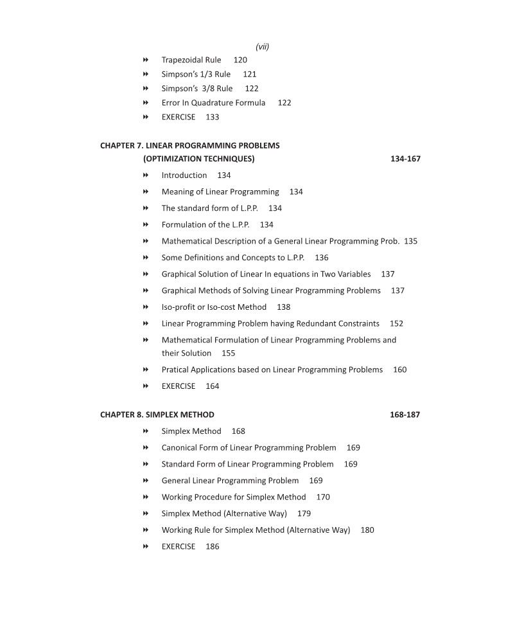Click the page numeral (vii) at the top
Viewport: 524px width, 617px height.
(x=262, y=46)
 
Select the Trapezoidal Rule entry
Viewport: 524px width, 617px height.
(x=191, y=60)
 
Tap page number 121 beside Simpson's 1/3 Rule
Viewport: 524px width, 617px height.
(x=249, y=74)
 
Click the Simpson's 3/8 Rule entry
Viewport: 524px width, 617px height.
(x=197, y=88)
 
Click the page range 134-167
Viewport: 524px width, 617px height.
(x=405, y=159)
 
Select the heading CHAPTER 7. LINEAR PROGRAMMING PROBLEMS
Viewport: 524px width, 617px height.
(x=189, y=145)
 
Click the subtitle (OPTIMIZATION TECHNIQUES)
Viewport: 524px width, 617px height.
(x=199, y=159)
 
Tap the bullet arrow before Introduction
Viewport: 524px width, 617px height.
(x=146, y=175)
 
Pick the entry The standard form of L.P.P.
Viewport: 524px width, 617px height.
(x=209, y=208)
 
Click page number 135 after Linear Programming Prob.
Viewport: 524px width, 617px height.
(x=410, y=241)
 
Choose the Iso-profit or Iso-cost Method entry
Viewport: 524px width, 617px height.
(x=214, y=307)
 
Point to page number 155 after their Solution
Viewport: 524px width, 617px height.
(x=228, y=353)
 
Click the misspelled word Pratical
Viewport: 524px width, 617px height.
(x=175, y=370)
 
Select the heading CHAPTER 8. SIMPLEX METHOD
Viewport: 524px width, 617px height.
(x=157, y=415)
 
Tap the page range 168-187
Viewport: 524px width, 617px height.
(x=405, y=415)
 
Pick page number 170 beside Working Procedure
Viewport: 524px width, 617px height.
(x=323, y=497)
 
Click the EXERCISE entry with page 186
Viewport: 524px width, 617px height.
(x=179, y=546)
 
